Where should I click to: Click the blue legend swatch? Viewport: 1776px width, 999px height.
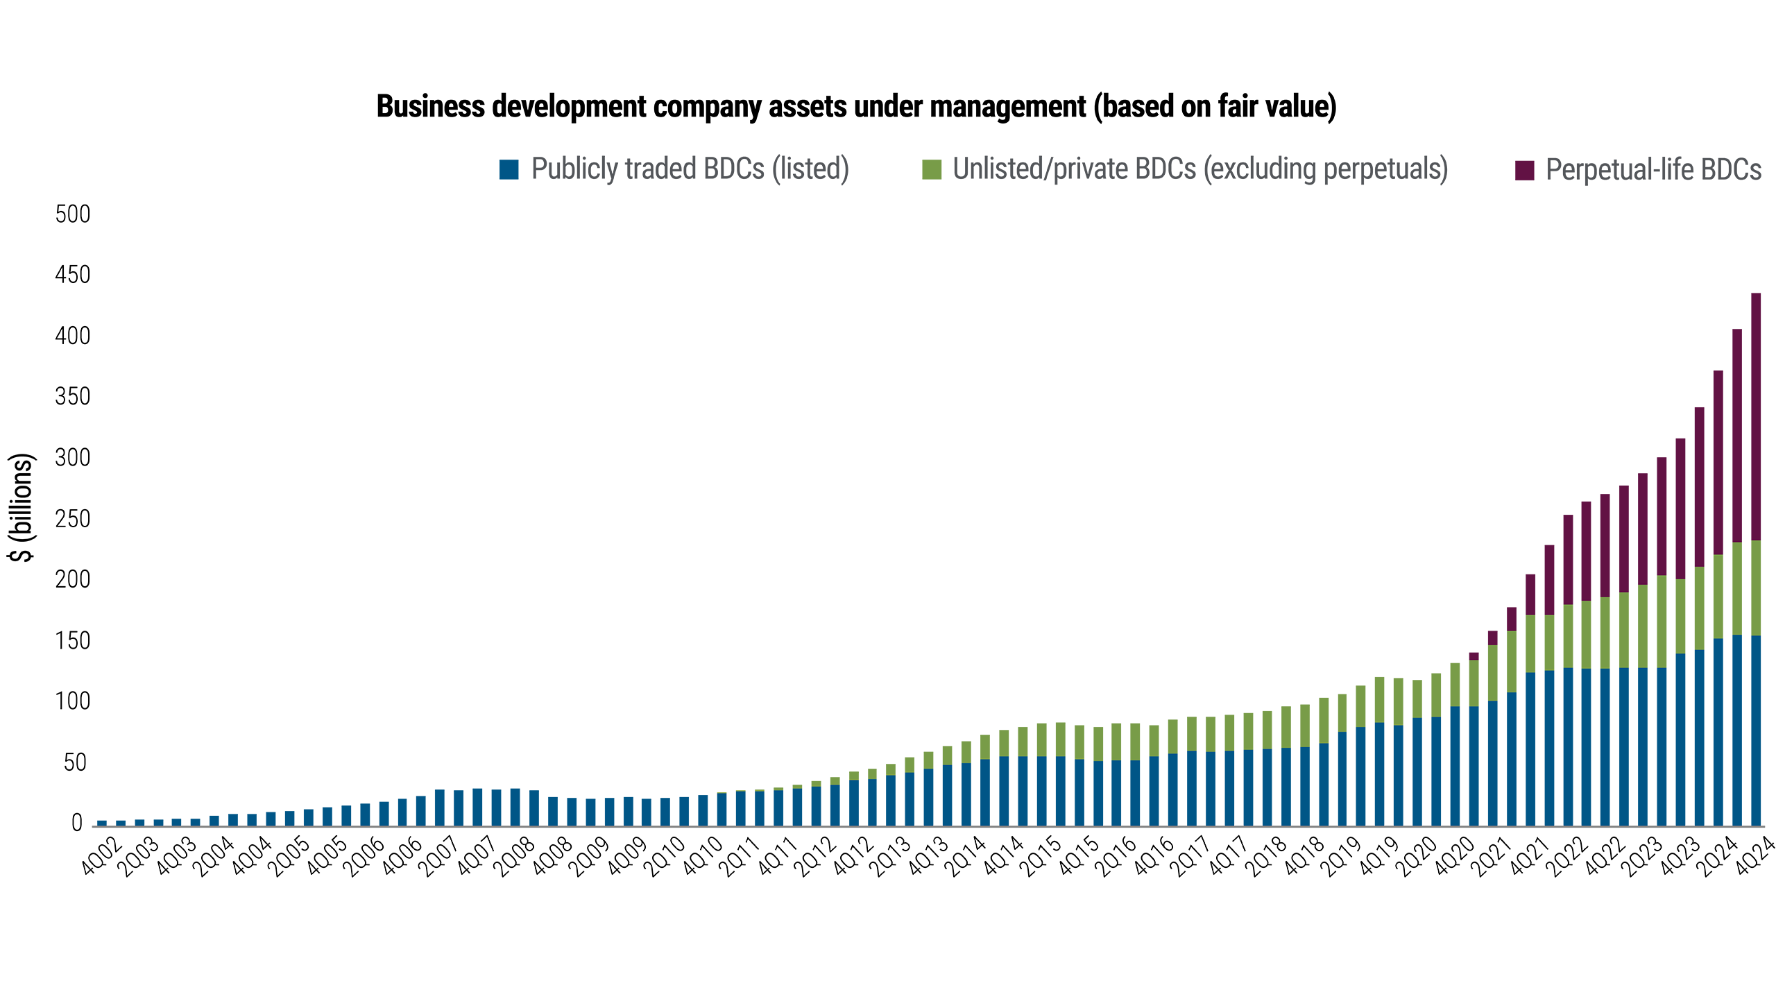(511, 180)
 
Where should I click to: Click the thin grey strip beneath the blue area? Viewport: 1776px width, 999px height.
(902, 830)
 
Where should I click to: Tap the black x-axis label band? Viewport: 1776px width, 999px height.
(902, 860)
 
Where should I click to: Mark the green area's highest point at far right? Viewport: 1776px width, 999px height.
(1762, 541)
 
